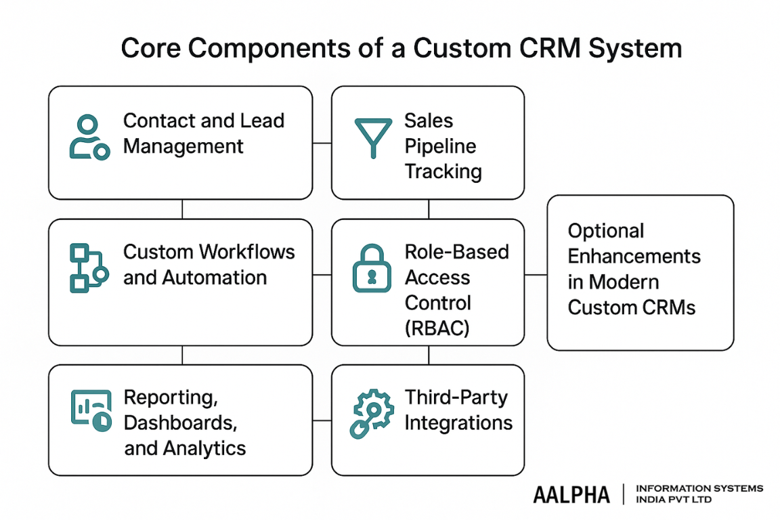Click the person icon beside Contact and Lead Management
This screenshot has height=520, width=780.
tap(89, 137)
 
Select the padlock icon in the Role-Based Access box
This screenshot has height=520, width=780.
tap(372, 269)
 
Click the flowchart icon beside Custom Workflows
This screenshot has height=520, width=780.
tap(89, 269)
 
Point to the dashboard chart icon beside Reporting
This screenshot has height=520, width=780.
tap(91, 410)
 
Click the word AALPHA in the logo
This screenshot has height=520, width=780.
tap(571, 494)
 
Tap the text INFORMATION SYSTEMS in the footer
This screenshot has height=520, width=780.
tap(699, 488)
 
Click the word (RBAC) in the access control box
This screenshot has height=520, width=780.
tap(437, 329)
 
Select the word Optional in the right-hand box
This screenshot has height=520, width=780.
tap(605, 231)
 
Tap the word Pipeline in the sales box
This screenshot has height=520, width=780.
tap(440, 146)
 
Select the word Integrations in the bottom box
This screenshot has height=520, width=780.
tap(458, 423)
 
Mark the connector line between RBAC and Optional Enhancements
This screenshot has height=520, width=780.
tap(536, 275)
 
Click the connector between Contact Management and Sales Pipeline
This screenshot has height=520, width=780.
tap(322, 143)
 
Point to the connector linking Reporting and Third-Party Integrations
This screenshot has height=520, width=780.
tap(322, 420)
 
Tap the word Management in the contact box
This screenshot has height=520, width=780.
tap(183, 146)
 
